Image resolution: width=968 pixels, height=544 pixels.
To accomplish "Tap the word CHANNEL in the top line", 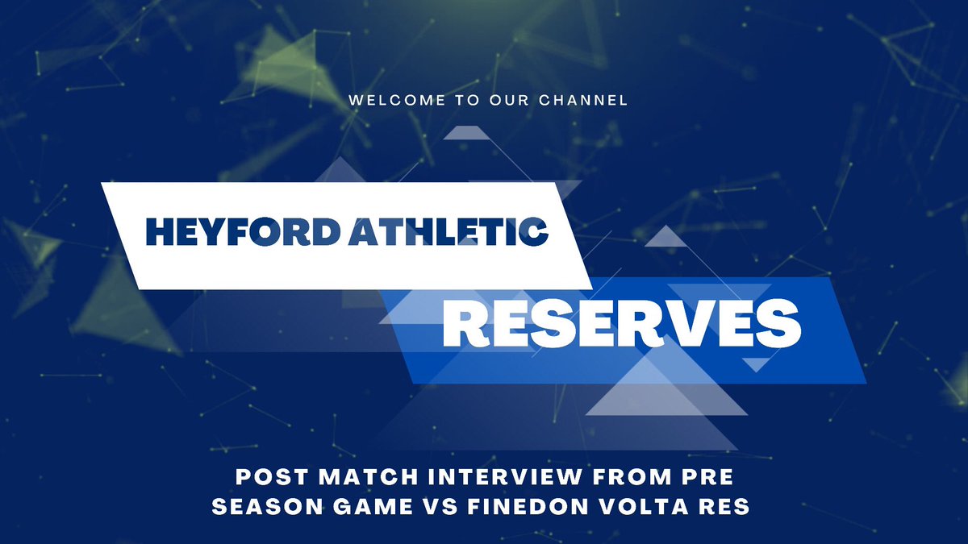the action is tap(583, 100).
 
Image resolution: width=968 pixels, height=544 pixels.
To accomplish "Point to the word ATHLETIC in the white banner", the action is tap(449, 232).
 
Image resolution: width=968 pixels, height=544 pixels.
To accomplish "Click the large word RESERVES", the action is tap(622, 323).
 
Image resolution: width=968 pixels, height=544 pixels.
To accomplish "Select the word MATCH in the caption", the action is tap(369, 477).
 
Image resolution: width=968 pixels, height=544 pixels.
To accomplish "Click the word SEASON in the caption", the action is tap(268, 506).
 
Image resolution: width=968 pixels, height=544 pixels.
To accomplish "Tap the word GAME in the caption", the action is tap(373, 506).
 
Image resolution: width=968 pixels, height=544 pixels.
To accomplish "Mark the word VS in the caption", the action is tap(440, 506).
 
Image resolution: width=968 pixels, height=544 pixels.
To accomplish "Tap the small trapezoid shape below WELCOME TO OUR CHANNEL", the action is tap(467, 133).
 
